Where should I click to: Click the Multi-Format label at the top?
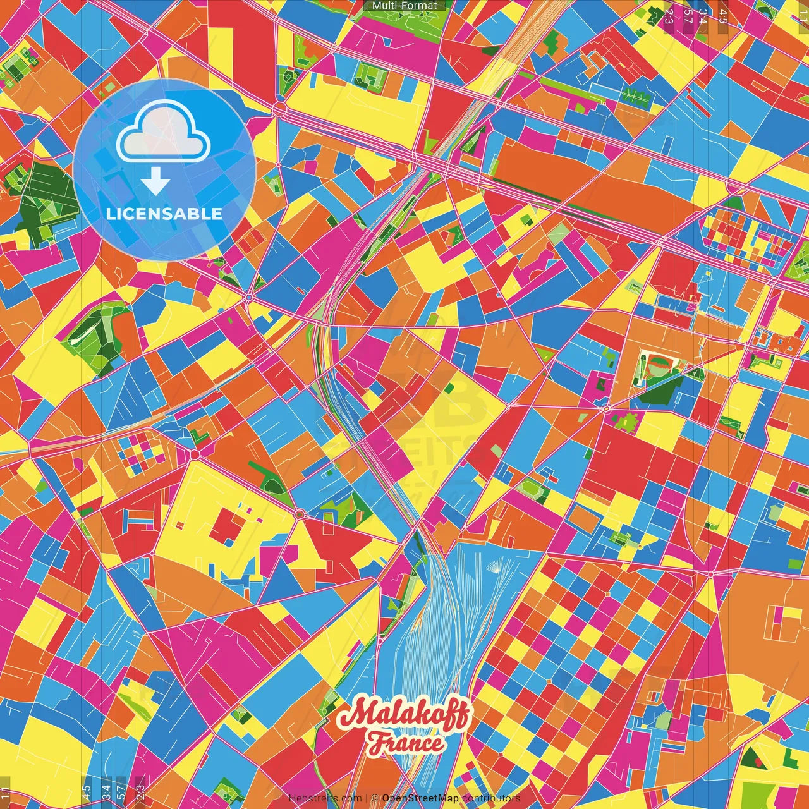tap(404, 6)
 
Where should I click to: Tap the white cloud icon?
tap(163, 132)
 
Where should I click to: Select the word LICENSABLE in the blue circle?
tap(164, 214)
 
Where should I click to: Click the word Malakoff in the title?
tap(404, 715)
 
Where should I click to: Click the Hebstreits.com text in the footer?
tap(325, 798)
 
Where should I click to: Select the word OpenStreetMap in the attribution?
tap(420, 798)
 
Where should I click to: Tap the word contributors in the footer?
tap(491, 798)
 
